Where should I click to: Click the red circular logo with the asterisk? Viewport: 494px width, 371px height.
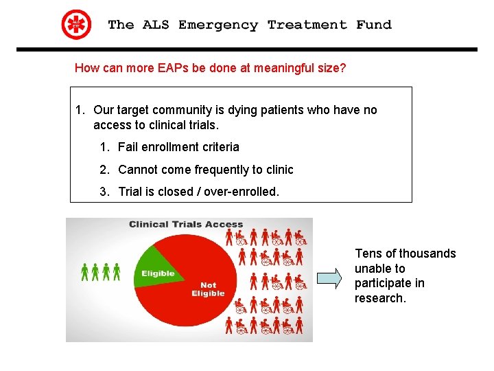pos(76,25)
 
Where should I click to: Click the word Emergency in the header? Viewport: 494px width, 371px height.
pos(218,25)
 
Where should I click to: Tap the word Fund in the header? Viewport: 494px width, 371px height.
pos(373,25)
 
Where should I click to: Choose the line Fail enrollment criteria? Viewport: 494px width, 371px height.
pos(178,147)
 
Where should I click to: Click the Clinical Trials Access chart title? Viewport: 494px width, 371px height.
pos(186,224)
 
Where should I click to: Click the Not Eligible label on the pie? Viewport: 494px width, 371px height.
pos(208,289)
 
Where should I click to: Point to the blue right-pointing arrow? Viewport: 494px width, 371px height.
pos(330,278)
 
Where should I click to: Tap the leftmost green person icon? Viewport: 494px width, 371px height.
pos(85,272)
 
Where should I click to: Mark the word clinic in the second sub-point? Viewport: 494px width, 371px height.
pos(278,170)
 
